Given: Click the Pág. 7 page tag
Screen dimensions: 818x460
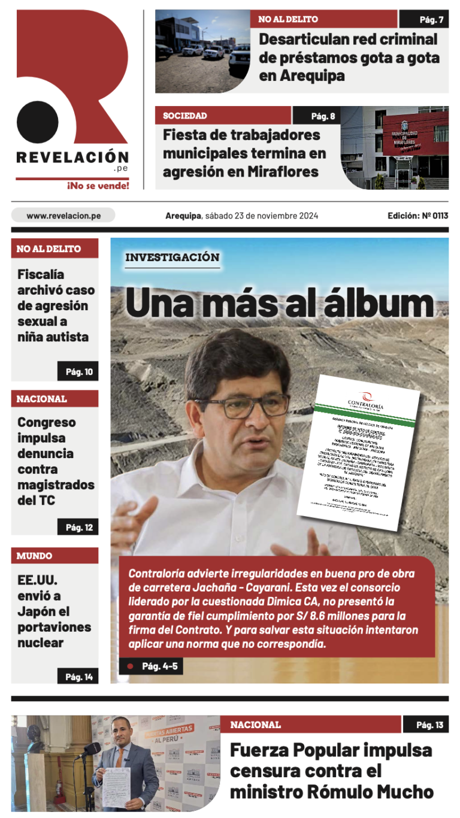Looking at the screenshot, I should coord(424,19).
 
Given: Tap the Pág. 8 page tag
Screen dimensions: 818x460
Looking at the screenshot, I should coord(316,116).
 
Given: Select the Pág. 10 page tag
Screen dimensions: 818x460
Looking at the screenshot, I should coord(78,372).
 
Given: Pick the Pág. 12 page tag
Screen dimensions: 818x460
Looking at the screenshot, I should coord(78,527).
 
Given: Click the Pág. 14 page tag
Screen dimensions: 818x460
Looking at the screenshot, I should coord(78,677).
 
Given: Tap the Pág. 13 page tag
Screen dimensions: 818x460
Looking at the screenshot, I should coord(425,725).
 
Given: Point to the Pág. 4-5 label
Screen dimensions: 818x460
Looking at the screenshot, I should coord(159,666).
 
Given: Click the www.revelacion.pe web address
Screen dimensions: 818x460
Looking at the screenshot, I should coord(63,216).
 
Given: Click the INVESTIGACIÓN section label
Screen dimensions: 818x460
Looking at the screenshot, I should coord(172,257).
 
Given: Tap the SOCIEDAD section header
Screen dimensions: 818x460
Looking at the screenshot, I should coord(185,116).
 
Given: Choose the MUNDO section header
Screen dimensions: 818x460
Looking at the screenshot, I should coord(34,556).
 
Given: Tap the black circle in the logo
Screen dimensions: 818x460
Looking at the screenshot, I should coord(37,122).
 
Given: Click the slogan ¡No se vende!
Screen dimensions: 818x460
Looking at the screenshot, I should coord(98,186).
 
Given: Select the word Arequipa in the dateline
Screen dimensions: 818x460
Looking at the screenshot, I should coord(183,216).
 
